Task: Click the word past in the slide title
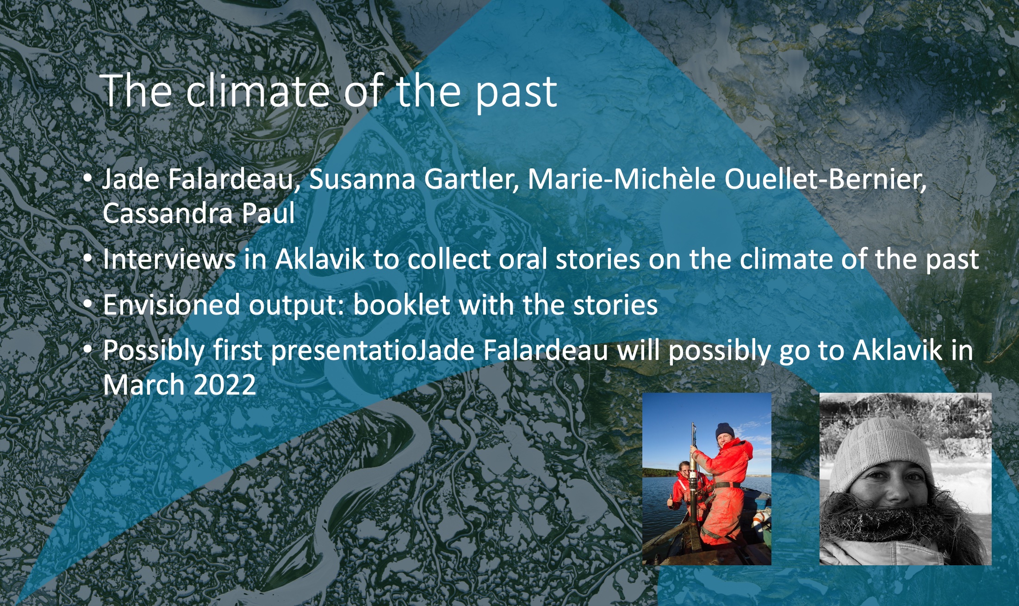click(516, 93)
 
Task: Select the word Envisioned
click(171, 305)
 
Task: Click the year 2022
click(224, 385)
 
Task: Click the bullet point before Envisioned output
click(88, 304)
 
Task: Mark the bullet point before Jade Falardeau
click(88, 179)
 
